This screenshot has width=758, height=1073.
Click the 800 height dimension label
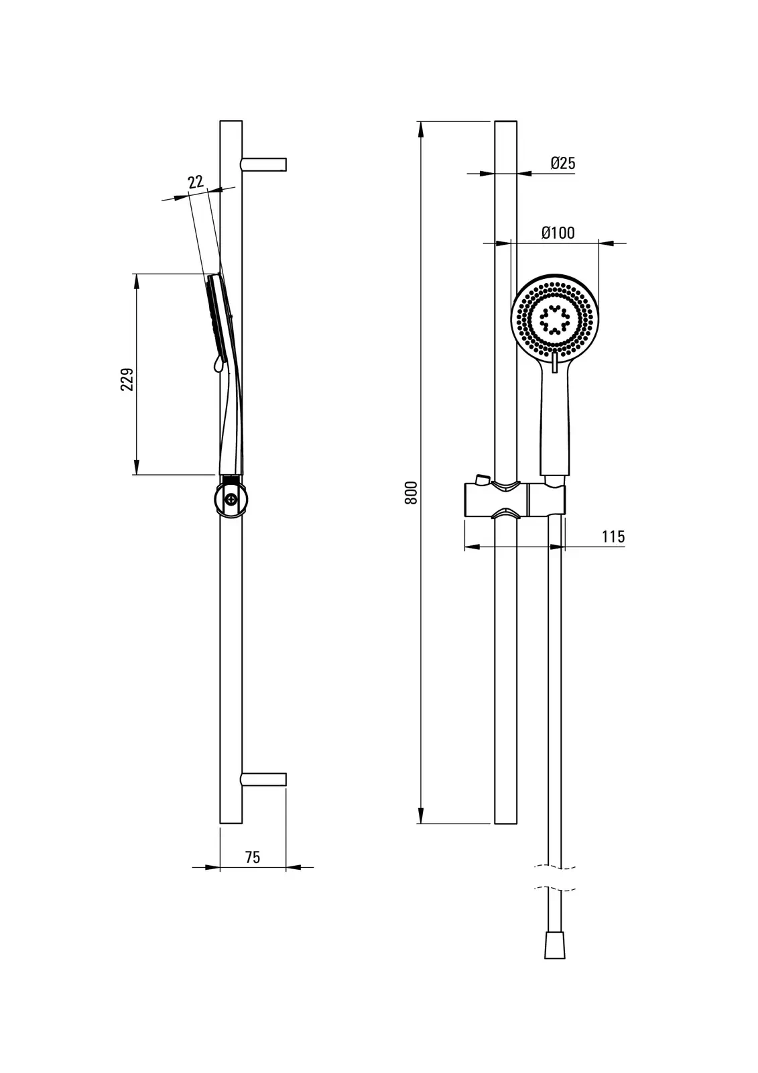pos(412,493)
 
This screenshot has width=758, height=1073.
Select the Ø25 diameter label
pos(563,163)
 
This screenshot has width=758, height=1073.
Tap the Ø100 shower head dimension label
pos(558,233)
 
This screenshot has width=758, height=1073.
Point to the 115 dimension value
pos(613,536)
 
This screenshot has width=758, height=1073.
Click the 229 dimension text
pos(127,380)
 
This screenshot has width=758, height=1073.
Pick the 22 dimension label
pos(195,182)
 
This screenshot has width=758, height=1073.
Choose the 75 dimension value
pos(252,857)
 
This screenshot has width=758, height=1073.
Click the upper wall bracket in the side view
pos(264,164)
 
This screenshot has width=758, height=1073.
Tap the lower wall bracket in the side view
pos(264,779)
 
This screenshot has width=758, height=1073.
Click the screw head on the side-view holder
pos(232,499)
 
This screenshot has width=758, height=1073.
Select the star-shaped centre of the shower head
pos(554,319)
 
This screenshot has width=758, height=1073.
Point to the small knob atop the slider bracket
pos(479,479)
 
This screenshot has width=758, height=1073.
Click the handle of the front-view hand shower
pos(556,429)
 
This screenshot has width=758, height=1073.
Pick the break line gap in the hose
pos(556,878)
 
